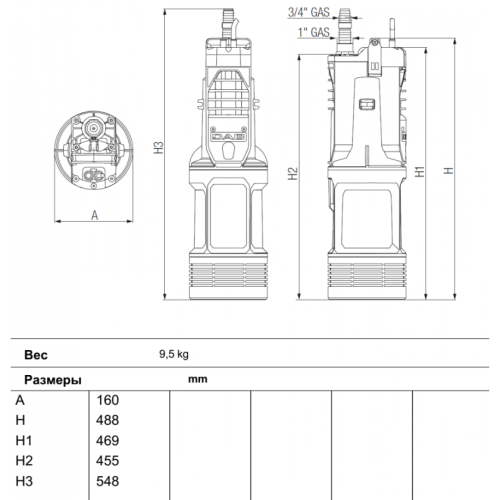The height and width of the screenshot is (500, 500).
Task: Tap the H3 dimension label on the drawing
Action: (x=157, y=146)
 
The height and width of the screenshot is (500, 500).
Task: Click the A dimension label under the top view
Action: (x=93, y=215)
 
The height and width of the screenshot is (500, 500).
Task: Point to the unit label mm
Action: (x=197, y=380)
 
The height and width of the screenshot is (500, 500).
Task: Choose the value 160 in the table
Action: (x=107, y=400)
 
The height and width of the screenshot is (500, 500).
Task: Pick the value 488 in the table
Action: (x=107, y=420)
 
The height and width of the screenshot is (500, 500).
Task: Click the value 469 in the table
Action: (x=107, y=440)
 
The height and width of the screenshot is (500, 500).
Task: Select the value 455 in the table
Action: (x=107, y=460)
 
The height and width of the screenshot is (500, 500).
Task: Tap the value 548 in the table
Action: (x=107, y=480)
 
